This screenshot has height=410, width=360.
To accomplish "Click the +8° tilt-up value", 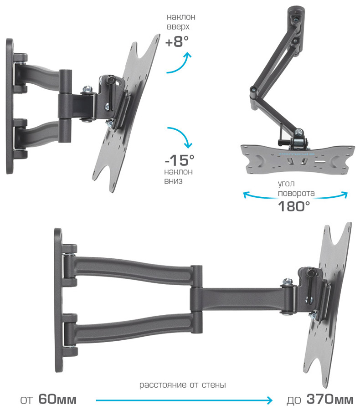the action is [177, 41].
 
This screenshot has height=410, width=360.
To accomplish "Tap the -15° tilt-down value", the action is [180, 160].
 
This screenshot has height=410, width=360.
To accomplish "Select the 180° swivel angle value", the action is [293, 206].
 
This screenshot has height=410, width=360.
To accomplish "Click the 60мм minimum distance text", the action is [57, 399].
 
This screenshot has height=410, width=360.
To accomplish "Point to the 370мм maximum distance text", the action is [330, 399].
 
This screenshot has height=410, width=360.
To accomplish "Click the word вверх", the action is [178, 27].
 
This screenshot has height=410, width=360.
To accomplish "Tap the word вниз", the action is [173, 181].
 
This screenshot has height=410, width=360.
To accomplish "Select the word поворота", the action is [296, 193].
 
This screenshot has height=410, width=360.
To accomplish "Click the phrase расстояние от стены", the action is [182, 384].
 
